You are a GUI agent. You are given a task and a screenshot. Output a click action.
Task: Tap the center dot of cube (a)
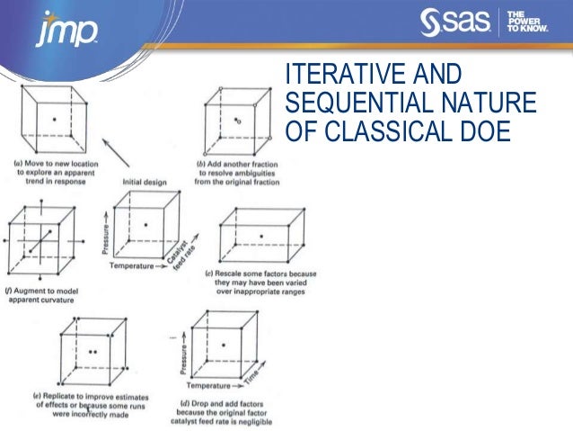pos(55,119)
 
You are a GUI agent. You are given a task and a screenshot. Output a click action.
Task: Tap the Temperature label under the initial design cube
pos(135,267)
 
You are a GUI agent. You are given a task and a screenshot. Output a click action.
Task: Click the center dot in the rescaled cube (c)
pos(261,237)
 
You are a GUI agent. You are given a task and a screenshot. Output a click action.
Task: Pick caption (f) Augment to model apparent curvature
pos(45,294)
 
